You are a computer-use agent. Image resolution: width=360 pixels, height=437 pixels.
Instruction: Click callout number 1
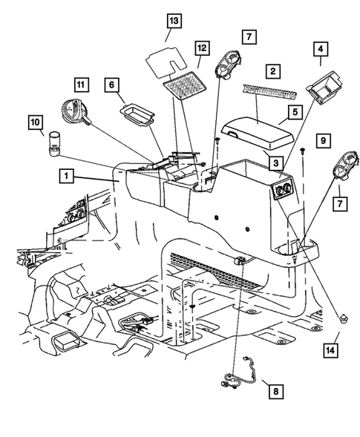click(68, 177)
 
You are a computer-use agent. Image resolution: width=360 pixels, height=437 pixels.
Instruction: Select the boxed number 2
click(274, 71)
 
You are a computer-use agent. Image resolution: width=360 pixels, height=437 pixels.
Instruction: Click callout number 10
click(35, 120)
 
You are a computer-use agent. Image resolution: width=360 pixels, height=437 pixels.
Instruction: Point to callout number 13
click(173, 20)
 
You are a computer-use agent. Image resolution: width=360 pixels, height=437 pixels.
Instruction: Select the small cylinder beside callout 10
click(54, 144)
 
